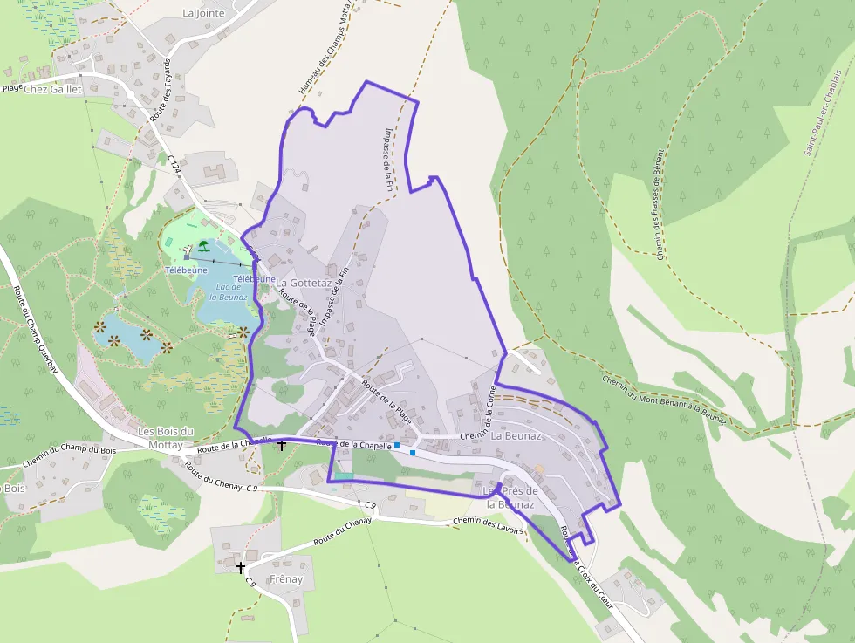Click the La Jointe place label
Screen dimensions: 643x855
pyautogui.click(x=203, y=13)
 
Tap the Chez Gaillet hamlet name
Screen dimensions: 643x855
pyautogui.click(x=52, y=89)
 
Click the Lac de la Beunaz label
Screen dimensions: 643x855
pyautogui.click(x=229, y=292)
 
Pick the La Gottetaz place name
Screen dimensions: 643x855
pyautogui.click(x=303, y=284)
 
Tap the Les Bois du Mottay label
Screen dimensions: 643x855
pyautogui.click(x=166, y=438)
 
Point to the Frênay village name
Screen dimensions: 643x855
pyautogui.click(x=286, y=579)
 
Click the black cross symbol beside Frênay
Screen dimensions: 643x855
pyautogui.click(x=241, y=567)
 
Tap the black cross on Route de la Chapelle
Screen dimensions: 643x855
pyautogui.click(x=281, y=446)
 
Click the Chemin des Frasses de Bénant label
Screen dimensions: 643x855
pyautogui.click(x=660, y=204)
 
